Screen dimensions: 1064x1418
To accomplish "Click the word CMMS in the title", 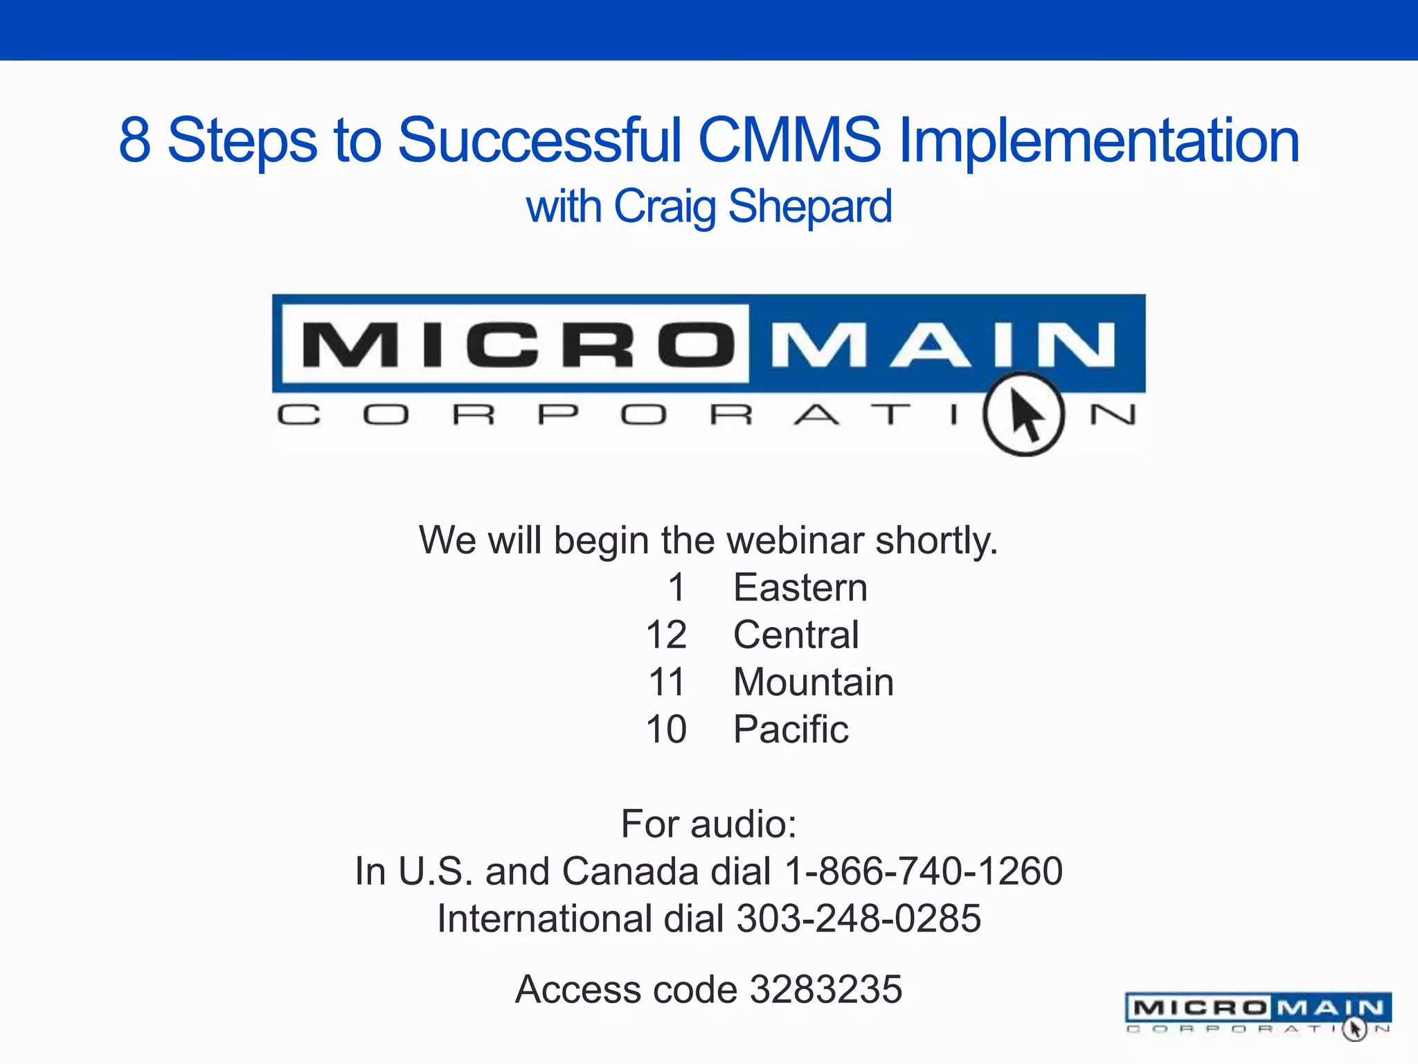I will coord(789,141).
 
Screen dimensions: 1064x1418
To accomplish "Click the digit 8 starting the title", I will coord(135,141).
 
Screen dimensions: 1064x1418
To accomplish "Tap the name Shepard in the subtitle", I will coord(810,206).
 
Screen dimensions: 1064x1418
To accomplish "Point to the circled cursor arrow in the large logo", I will coord(1024,414).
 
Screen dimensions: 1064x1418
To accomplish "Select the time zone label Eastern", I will coord(800,588).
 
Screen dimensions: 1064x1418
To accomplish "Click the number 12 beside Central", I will coord(666,635).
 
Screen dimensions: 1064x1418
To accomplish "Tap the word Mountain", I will coord(814,682).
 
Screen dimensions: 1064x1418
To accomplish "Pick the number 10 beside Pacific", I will coord(666,729).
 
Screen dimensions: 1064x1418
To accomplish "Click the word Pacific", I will coord(791,729).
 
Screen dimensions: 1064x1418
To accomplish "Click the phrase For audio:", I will coord(708,824).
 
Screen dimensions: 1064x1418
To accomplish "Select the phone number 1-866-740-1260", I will coord(924,871).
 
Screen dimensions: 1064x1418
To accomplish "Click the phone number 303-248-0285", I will coord(859,919).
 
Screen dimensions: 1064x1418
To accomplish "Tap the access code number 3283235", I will coord(826,989).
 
